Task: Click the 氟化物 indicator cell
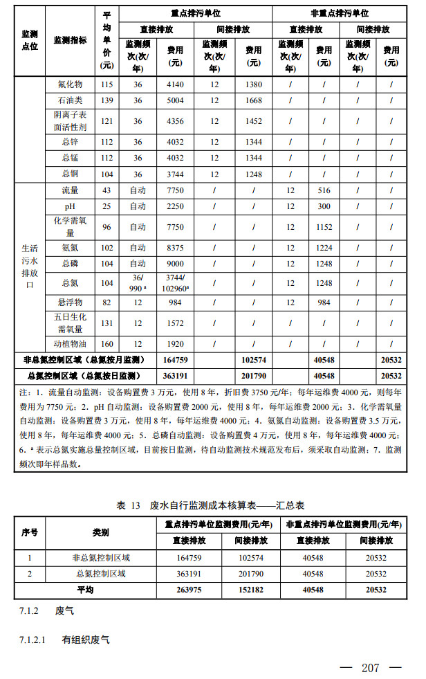point(72,84)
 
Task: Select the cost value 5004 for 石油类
point(175,100)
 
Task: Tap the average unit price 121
point(106,121)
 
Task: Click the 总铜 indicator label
point(72,174)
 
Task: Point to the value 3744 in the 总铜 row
point(175,174)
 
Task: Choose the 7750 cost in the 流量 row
point(175,190)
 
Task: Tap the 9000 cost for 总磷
point(175,264)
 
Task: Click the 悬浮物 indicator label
point(72,302)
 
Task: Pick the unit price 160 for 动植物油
point(106,343)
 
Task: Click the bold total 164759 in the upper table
point(175,360)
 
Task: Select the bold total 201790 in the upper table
point(253,376)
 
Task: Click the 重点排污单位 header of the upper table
point(195,13)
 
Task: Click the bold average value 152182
point(248,590)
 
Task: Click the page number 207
point(371,668)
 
